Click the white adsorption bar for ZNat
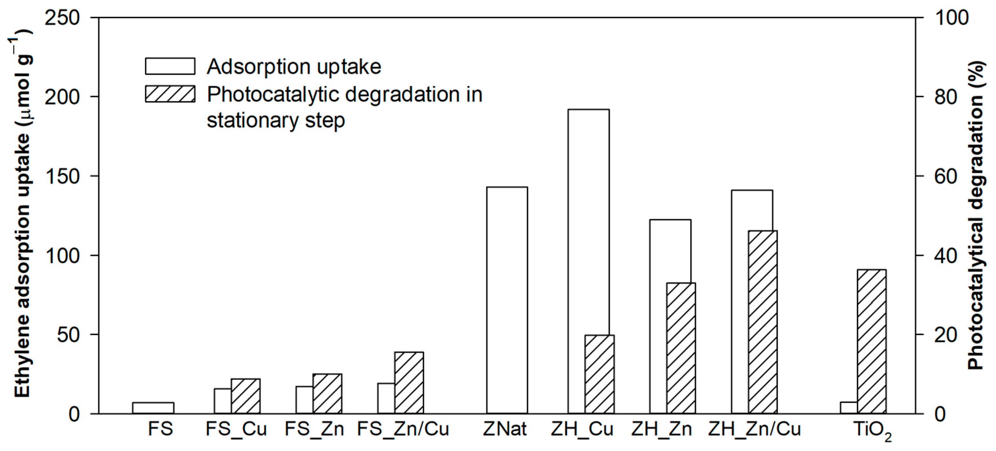507,300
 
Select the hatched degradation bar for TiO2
872,342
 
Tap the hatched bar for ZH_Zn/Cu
763,322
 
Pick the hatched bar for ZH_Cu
599,375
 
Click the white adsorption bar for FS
153,408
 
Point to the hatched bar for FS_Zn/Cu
409,383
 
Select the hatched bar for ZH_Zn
681,348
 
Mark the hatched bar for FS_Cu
246,396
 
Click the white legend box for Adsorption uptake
170,66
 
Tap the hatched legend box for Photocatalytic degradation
170,94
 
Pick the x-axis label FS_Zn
314,429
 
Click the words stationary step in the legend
276,120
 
